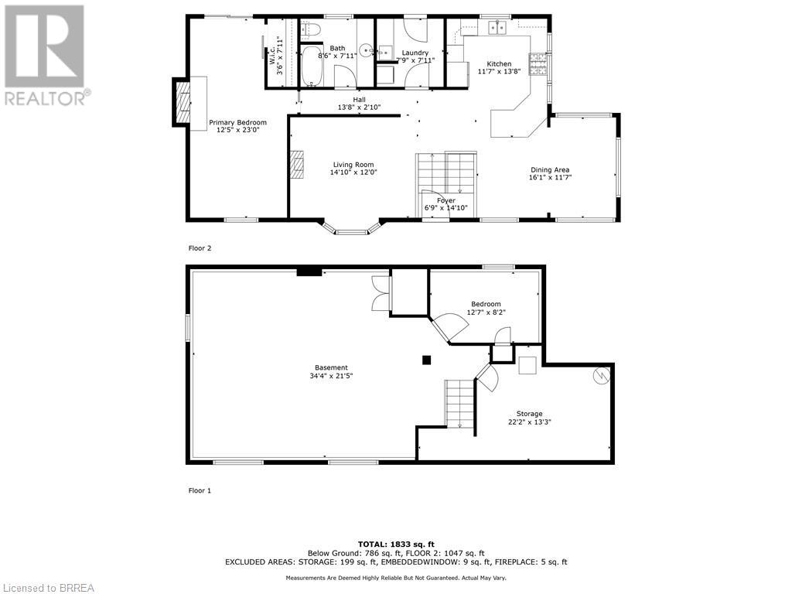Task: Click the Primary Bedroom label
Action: pyautogui.click(x=237, y=122)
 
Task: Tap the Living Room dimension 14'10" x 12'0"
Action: pyautogui.click(x=353, y=173)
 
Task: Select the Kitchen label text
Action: pyautogui.click(x=499, y=63)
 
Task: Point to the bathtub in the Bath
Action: pyautogui.click(x=312, y=66)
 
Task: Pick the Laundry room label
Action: pyautogui.click(x=415, y=53)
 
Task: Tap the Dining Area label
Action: pyautogui.click(x=550, y=170)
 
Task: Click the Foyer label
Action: pyautogui.click(x=445, y=200)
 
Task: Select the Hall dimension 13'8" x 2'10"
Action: pyautogui.click(x=359, y=108)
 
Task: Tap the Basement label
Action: pyautogui.click(x=331, y=367)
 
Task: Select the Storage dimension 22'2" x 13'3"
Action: pyautogui.click(x=529, y=422)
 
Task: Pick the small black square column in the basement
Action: pyautogui.click(x=425, y=359)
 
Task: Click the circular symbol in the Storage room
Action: pyautogui.click(x=601, y=375)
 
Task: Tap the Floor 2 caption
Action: pyautogui.click(x=200, y=248)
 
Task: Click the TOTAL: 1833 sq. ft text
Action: pyautogui.click(x=395, y=544)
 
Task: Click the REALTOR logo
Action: pyautogui.click(x=46, y=54)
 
